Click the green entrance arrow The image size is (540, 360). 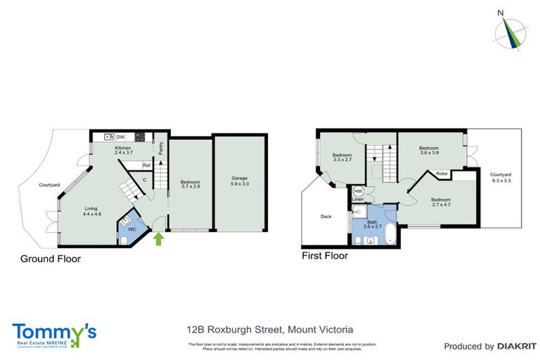tap(158, 238)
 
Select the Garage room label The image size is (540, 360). tap(240, 178)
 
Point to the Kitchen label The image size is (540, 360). tap(123, 148)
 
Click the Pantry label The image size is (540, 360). tap(160, 148)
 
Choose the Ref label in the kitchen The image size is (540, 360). tap(146, 165)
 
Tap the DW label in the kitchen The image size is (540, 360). tap(120, 136)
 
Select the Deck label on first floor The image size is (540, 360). tap(326, 217)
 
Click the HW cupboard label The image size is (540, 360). tap(358, 191)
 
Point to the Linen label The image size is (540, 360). tap(358, 199)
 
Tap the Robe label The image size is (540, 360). tap(442, 173)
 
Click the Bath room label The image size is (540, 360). tap(372, 221)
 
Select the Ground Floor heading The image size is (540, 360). tap(50, 259)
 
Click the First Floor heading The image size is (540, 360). tap(324, 256)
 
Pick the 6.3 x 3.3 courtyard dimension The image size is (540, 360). tap(500, 180)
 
